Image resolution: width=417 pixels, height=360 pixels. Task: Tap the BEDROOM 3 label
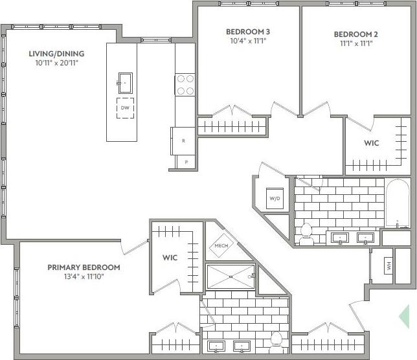click(248, 32)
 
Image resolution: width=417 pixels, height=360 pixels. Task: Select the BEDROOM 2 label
click(355, 34)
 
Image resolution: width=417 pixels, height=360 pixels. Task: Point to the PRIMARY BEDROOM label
click(84, 267)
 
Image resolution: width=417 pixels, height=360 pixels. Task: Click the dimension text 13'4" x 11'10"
click(84, 277)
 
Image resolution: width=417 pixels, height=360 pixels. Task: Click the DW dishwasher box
click(126, 108)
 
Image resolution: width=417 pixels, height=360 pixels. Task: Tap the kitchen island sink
click(124, 82)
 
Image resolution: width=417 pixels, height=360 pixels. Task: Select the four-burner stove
click(185, 84)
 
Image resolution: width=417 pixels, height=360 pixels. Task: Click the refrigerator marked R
click(183, 141)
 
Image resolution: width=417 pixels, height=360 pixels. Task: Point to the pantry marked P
click(185, 163)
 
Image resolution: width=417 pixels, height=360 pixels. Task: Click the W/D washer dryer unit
click(275, 197)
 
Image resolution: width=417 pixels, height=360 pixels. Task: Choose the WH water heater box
click(388, 265)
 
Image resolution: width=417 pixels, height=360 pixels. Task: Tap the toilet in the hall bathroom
click(306, 233)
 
